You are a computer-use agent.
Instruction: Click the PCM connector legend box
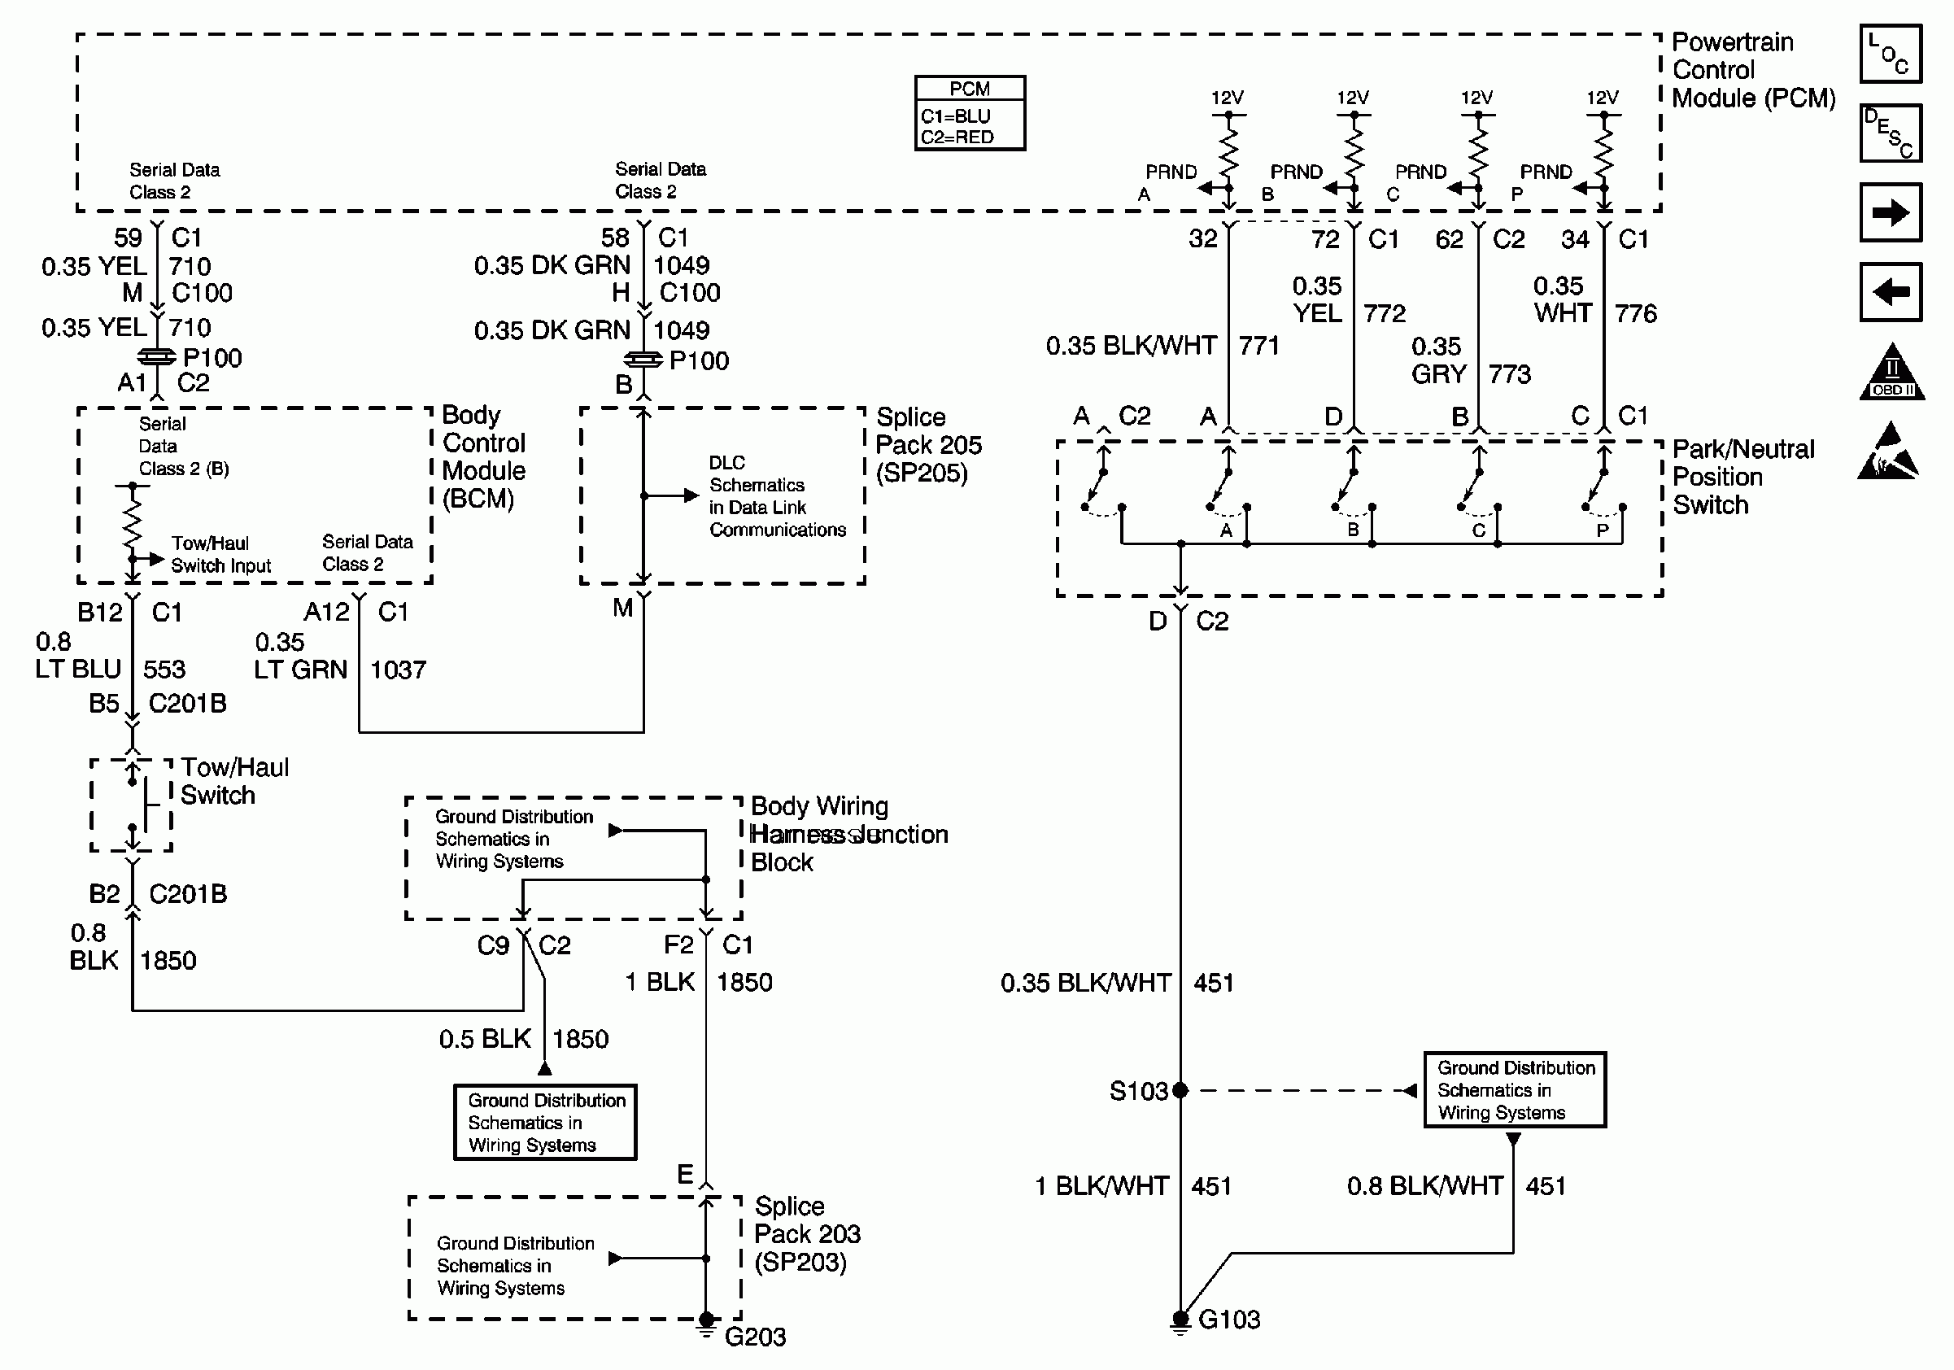pyautogui.click(x=970, y=113)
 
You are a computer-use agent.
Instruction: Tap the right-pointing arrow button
pyautogui.click(x=1891, y=212)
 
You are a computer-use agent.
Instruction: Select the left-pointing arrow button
pyautogui.click(x=1891, y=292)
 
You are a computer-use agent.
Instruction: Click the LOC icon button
pyautogui.click(x=1891, y=54)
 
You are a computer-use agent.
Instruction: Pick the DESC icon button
pyautogui.click(x=1891, y=133)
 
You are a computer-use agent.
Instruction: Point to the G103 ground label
pyautogui.click(x=1228, y=1320)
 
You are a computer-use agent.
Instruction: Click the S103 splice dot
pyautogui.click(x=1180, y=1090)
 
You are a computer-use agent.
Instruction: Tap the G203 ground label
pyautogui.click(x=755, y=1337)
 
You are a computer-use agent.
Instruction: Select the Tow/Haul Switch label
pyautogui.click(x=234, y=781)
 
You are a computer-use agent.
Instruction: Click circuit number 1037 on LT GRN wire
pyautogui.click(x=398, y=670)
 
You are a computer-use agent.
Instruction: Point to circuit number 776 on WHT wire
pyautogui.click(x=1635, y=314)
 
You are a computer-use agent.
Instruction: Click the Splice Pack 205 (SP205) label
pyautogui.click(x=927, y=445)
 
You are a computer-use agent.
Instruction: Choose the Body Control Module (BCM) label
pyautogui.click(x=482, y=457)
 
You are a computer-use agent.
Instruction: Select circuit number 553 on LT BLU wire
pyautogui.click(x=164, y=670)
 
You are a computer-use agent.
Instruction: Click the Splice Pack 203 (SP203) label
pyautogui.click(x=806, y=1234)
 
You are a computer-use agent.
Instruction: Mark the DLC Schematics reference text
pyautogui.click(x=776, y=496)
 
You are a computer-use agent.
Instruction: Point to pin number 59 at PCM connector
pyautogui.click(x=128, y=238)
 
